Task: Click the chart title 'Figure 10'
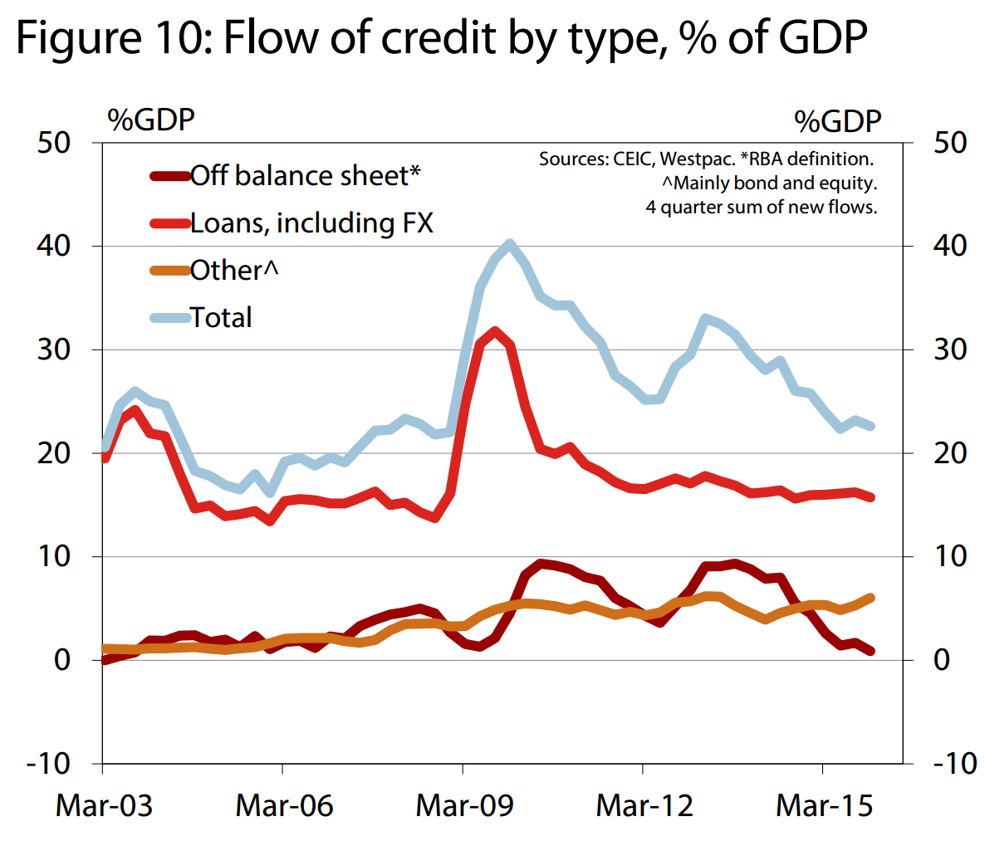coord(441,37)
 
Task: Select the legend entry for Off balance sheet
coord(305,176)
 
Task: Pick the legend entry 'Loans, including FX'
coord(311,223)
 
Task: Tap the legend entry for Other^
coord(234,271)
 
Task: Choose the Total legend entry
coord(221,317)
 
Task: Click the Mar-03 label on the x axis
coord(104,805)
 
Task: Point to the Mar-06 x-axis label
coord(284,805)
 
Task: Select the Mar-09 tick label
coord(464,805)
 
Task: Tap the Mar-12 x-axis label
coord(644,805)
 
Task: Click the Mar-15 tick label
coord(825,805)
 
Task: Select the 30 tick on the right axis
coord(950,350)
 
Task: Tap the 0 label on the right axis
coord(941,660)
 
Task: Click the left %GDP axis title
coord(150,120)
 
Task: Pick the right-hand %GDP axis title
coord(837,122)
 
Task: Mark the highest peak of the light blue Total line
coord(510,244)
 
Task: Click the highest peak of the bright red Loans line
coord(495,332)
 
